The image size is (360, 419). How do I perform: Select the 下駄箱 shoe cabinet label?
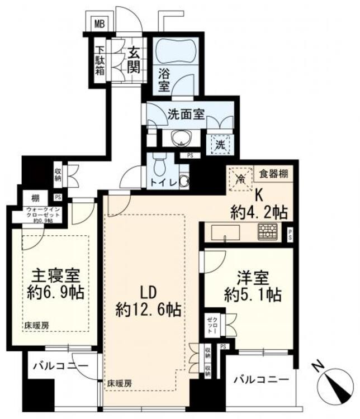[100, 60]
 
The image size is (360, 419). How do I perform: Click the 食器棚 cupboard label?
[273, 174]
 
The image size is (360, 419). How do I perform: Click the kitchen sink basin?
[225, 232]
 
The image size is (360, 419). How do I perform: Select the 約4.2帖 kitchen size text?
[259, 212]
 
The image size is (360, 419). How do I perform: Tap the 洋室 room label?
[249, 278]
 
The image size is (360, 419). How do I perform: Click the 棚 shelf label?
[35, 198]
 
